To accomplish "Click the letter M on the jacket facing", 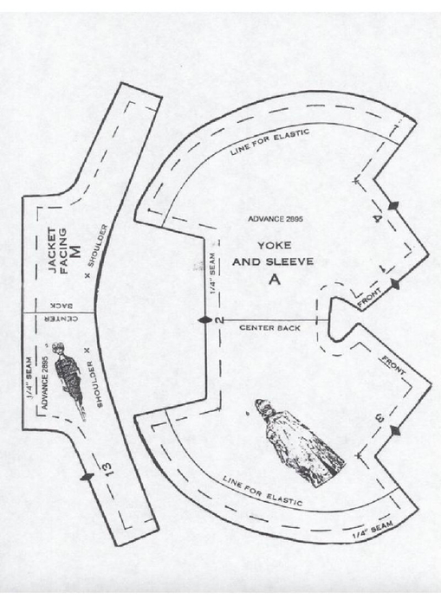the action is click(x=76, y=251).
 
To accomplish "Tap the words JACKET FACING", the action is click(x=58, y=251).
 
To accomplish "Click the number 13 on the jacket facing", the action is click(x=107, y=468).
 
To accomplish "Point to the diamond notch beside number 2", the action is click(x=205, y=320).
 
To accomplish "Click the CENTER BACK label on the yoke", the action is click(x=269, y=328).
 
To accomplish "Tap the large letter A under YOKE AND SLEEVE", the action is click(x=275, y=279).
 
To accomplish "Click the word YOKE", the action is click(x=274, y=246).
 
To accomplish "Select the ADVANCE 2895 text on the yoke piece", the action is click(x=275, y=219).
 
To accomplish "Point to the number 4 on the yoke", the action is click(x=379, y=218).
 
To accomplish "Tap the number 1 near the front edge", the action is click(x=384, y=269).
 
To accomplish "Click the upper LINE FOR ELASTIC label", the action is click(x=270, y=142).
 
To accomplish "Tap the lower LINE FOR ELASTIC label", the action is click(x=263, y=490).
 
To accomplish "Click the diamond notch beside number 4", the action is click(x=393, y=206).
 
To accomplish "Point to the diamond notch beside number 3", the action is click(x=395, y=430).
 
